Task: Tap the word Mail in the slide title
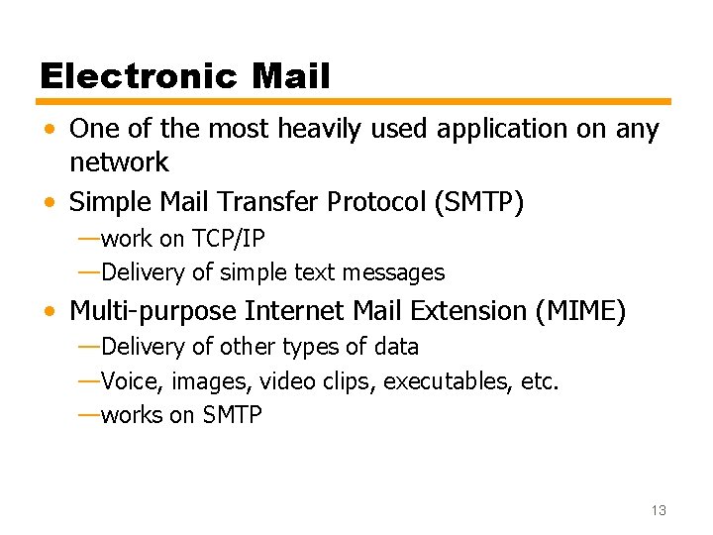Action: click(x=291, y=76)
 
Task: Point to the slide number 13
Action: click(x=659, y=510)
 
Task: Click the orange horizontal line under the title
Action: click(x=355, y=101)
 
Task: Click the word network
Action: click(x=119, y=161)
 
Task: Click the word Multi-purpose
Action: click(x=153, y=311)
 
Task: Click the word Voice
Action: click(x=133, y=381)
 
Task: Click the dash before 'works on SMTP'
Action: click(x=87, y=415)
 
